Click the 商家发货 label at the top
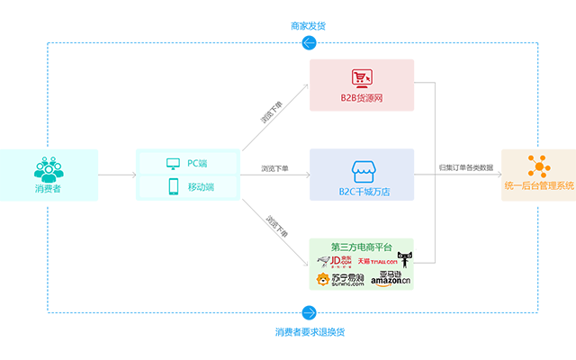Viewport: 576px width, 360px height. pyautogui.click(x=309, y=26)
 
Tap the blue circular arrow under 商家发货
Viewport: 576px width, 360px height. pyautogui.click(x=310, y=42)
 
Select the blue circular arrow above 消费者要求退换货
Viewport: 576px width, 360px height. pyautogui.click(x=310, y=312)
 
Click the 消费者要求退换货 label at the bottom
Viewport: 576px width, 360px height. pyautogui.click(x=310, y=331)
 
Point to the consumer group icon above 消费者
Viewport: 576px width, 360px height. pyautogui.click(x=46, y=168)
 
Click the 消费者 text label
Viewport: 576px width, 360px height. pyautogui.click(x=46, y=188)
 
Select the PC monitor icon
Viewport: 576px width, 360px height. pyautogui.click(x=173, y=163)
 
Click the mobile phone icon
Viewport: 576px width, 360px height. pyautogui.click(x=173, y=186)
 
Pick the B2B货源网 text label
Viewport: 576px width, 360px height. pyautogui.click(x=362, y=98)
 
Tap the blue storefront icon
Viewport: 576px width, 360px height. pyautogui.click(x=362, y=168)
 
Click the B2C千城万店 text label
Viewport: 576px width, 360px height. pyautogui.click(x=362, y=190)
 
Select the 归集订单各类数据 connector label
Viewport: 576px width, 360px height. pyautogui.click(x=465, y=167)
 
